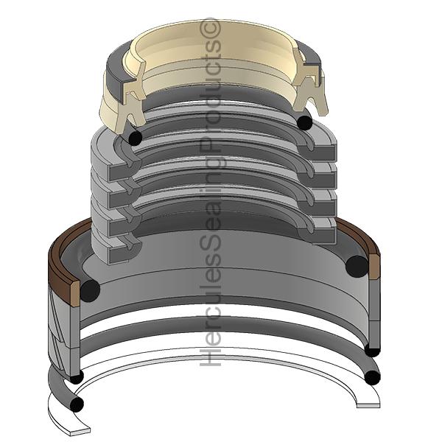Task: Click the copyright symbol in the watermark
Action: click(210, 28)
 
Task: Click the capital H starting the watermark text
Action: click(210, 356)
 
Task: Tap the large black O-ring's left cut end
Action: click(90, 291)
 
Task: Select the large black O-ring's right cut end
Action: click(357, 267)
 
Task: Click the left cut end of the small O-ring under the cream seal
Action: click(135, 138)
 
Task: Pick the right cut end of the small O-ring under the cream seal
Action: click(305, 122)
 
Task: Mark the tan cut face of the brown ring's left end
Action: click(75, 294)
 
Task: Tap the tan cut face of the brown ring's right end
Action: click(374, 267)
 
